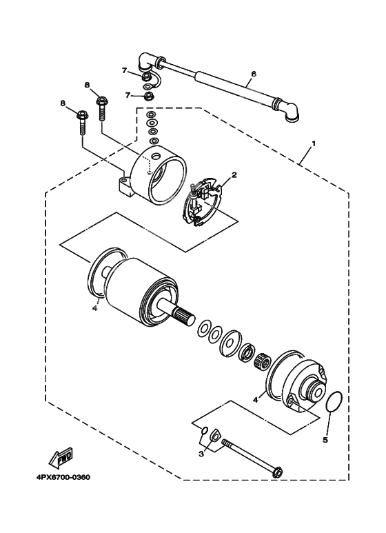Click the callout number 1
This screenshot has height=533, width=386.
tap(314, 143)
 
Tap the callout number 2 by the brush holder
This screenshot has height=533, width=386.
tap(234, 175)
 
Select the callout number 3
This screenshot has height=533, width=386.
tap(201, 454)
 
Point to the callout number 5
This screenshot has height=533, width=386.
tap(327, 439)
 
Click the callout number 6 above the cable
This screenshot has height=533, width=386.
tap(254, 73)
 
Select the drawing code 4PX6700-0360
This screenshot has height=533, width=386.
tap(59, 477)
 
